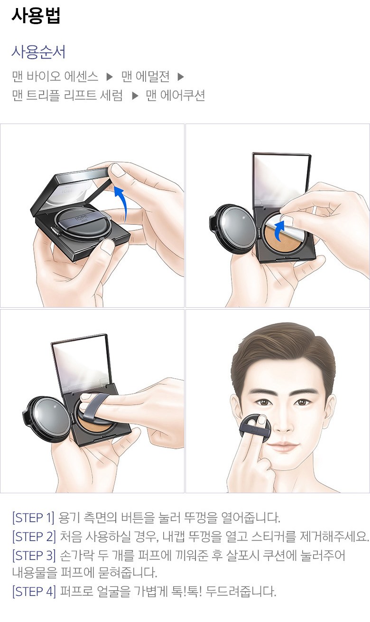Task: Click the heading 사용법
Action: pos(36,16)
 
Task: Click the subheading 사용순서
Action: pos(39,52)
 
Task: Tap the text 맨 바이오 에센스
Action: pos(55,76)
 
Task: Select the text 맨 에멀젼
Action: pos(146,76)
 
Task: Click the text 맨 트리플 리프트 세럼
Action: pos(67,95)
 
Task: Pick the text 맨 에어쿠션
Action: pos(176,95)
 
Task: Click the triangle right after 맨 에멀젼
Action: pos(181,77)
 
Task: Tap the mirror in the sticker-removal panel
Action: pos(281,180)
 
